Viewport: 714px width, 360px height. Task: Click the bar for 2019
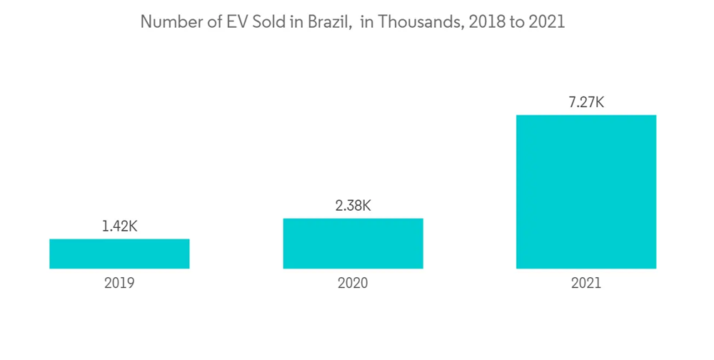(119, 254)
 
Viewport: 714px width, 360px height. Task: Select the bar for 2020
(353, 243)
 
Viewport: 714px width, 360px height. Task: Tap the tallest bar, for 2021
(586, 191)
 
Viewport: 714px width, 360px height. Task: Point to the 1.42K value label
(119, 226)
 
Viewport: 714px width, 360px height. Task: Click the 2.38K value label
(353, 206)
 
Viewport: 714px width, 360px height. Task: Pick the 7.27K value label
(586, 102)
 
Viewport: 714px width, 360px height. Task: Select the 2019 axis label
(119, 283)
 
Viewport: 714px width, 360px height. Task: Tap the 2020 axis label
(353, 283)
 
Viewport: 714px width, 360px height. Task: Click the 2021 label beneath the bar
(586, 283)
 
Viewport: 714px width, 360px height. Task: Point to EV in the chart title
(235, 22)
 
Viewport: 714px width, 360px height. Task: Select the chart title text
(353, 22)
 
